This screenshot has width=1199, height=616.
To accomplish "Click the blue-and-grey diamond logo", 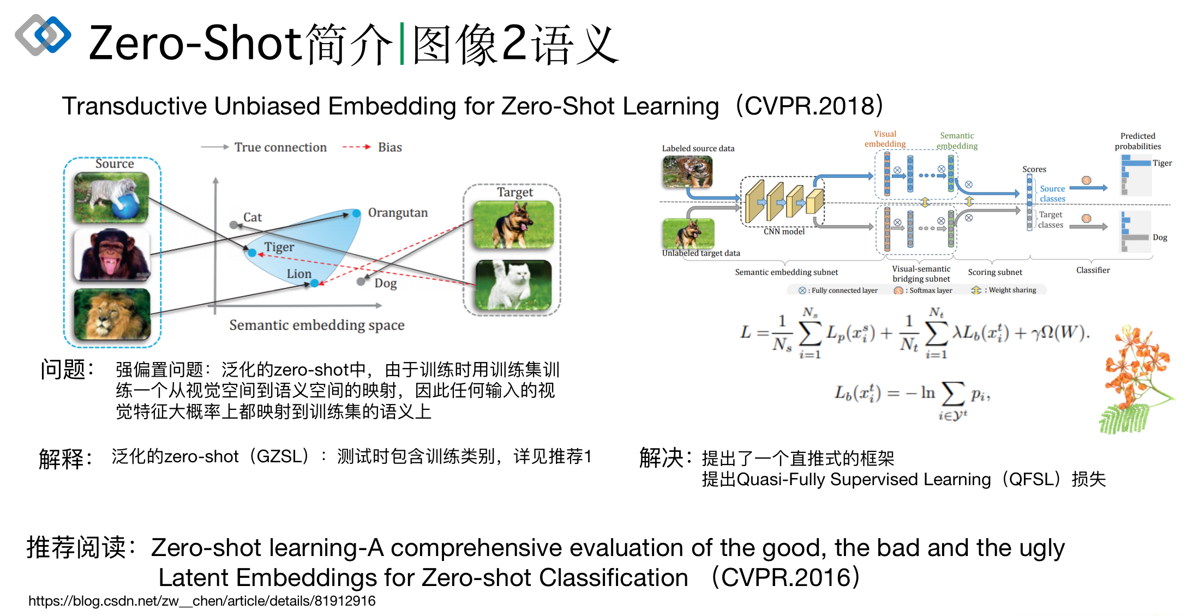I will pos(43,35).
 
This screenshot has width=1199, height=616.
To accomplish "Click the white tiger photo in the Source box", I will pos(111,197).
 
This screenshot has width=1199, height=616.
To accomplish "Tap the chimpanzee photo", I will pos(112,255).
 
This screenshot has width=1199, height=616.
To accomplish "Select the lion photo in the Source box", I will pos(112,314).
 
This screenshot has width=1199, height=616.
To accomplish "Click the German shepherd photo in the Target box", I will pos(513,224).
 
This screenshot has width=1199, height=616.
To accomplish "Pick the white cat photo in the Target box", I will pos(513,285).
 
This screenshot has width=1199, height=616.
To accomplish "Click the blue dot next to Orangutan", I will pos(356,214).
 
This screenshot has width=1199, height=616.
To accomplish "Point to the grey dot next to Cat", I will pos(233,225).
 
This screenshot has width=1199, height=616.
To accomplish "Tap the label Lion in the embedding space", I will pos(299,274).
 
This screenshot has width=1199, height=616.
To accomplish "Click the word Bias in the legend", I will pos(389,147).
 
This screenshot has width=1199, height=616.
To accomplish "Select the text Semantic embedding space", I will pos(316,325).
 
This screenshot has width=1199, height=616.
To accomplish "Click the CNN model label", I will pos(784,232).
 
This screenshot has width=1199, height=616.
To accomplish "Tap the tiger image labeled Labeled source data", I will pos(687,172).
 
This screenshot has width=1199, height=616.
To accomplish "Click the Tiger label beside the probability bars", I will pos(1162,163).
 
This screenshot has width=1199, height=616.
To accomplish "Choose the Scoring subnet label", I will pos(994,272).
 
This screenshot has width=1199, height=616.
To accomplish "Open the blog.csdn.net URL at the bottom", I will pos(202,601).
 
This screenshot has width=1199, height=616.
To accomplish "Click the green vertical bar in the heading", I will pos(402,44).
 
